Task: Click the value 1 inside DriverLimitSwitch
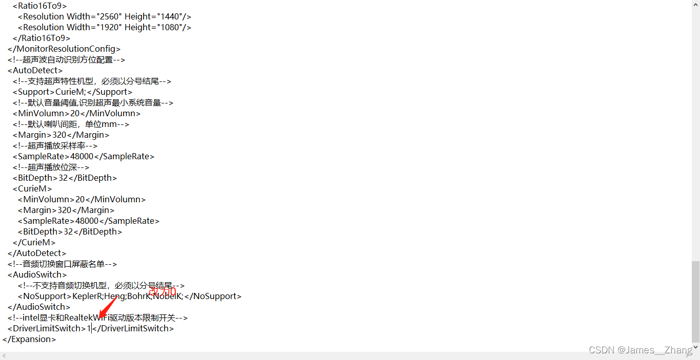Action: pos(89,328)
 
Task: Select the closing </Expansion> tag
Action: pos(29,339)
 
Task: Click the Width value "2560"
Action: pos(108,16)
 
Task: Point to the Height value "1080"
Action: pos(166,27)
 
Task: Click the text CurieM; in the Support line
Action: pos(71,92)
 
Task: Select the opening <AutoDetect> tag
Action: pos(35,70)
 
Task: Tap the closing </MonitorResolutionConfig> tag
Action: pos(64,49)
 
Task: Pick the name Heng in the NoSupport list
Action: pos(116,296)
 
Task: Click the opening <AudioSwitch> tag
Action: pos(37,274)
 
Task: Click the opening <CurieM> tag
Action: pos(32,188)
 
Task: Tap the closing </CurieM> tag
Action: pos(34,242)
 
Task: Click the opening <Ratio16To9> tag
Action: pos(39,6)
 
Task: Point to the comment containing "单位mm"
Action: pos(71,124)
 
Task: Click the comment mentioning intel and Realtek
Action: pos(98,317)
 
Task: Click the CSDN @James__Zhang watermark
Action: pos(641,350)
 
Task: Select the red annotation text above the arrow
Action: pos(162,292)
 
